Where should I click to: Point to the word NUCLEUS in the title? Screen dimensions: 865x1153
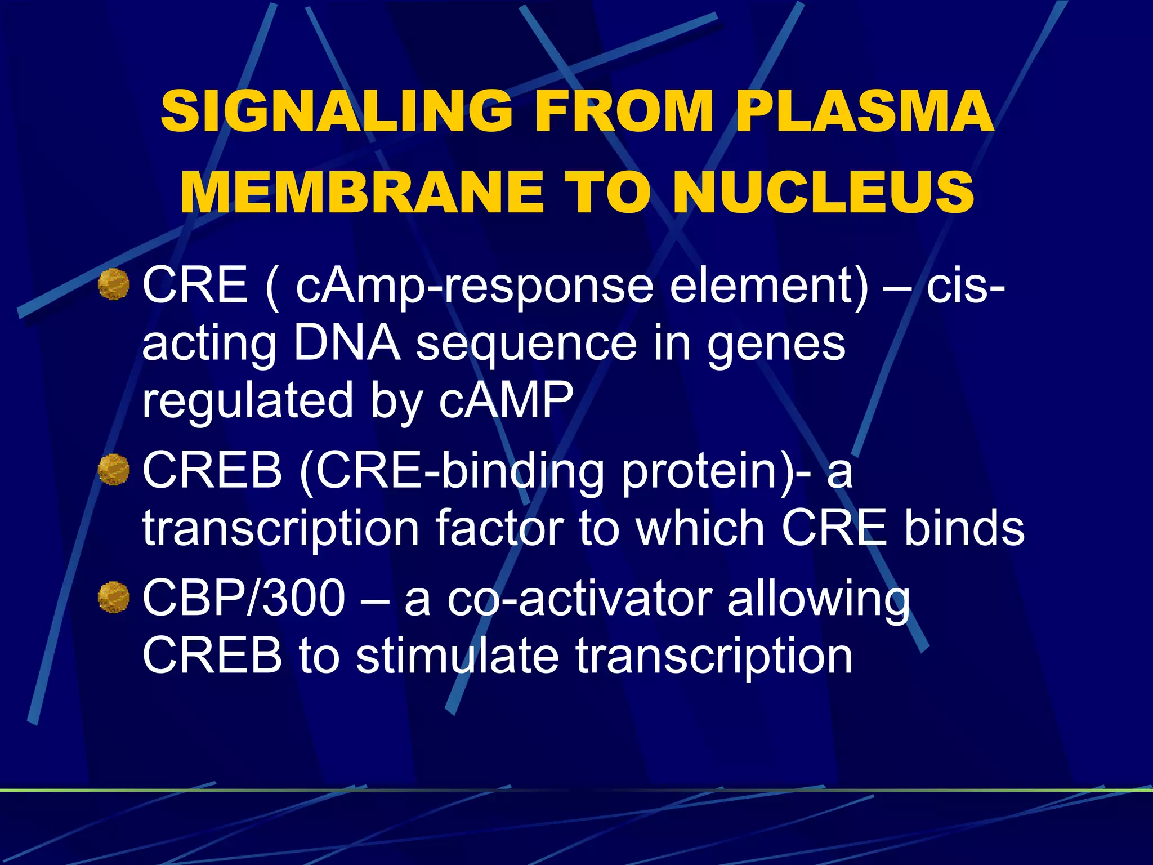(x=823, y=193)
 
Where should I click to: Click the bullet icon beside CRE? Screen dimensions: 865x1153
(x=114, y=285)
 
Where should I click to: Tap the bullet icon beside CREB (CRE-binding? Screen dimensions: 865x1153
(x=114, y=470)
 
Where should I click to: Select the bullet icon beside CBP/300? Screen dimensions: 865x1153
(x=114, y=597)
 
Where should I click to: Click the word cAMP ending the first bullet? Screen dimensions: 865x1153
(x=506, y=400)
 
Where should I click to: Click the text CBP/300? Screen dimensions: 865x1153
(x=243, y=598)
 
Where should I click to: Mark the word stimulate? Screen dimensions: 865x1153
(x=457, y=656)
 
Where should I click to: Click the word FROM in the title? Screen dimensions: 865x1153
(x=624, y=111)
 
